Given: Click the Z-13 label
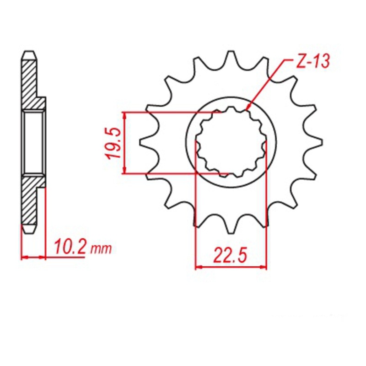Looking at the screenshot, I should (311, 64).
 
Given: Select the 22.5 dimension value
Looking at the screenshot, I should (231, 254).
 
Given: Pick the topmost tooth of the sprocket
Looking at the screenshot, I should (231, 59).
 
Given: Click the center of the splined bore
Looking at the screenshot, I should (231, 142).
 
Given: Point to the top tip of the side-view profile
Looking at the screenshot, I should (29, 51).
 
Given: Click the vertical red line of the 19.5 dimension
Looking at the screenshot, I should (124, 142).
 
